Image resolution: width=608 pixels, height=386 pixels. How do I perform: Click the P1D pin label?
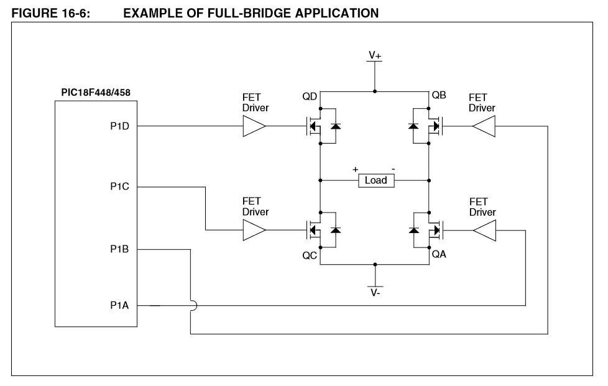(x=119, y=127)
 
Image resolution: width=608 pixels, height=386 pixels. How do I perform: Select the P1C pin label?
(x=119, y=186)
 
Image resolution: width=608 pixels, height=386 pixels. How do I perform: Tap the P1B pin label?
(x=119, y=249)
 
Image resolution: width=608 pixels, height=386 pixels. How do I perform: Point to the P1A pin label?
(x=119, y=305)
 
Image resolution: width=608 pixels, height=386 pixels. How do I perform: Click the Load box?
(x=375, y=180)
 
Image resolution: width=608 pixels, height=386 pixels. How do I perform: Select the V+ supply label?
(x=375, y=55)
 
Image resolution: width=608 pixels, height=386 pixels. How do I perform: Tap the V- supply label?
(x=375, y=293)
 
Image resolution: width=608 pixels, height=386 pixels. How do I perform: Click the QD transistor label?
(x=310, y=97)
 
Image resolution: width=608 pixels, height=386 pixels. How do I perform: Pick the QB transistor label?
(x=439, y=97)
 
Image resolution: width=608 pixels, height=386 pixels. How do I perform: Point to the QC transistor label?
(x=310, y=255)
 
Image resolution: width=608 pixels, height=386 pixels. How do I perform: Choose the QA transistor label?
(x=439, y=255)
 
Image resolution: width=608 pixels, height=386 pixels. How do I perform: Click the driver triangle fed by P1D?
(x=254, y=127)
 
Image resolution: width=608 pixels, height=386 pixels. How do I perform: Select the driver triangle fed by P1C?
(x=254, y=231)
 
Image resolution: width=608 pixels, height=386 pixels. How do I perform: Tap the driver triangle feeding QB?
(x=484, y=127)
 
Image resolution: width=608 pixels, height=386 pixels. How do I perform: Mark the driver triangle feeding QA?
(x=484, y=231)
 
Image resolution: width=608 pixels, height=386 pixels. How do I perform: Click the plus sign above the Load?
(x=356, y=169)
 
